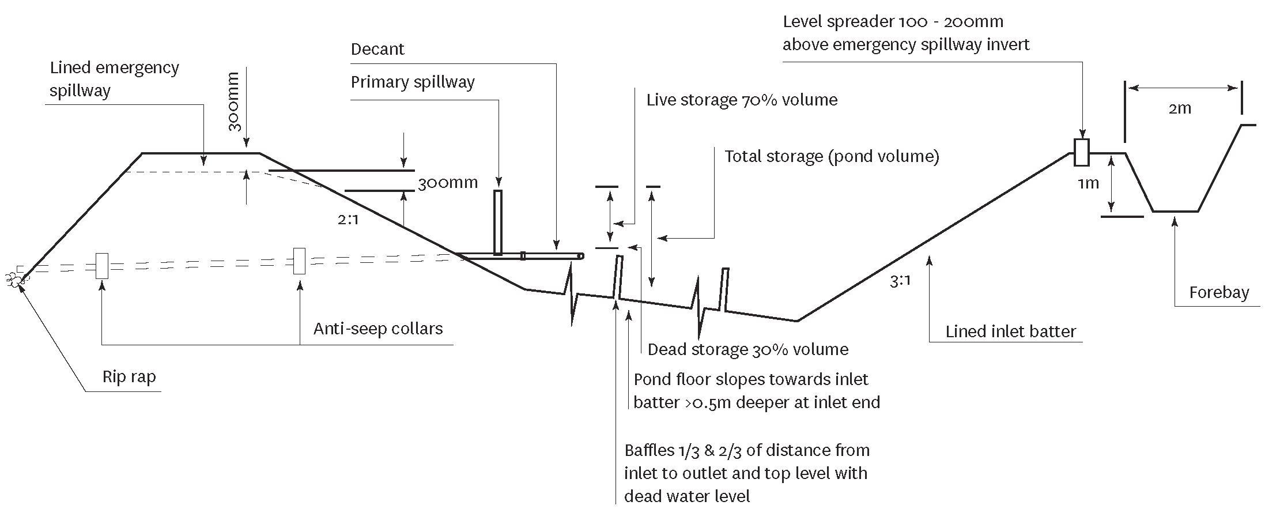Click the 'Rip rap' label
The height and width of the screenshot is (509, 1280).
[x=129, y=377]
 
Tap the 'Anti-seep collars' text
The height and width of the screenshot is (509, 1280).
[x=378, y=329]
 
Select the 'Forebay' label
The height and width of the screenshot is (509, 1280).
[x=1219, y=292]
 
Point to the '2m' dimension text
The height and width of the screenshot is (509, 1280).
[x=1180, y=108]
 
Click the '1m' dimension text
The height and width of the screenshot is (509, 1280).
[x=1088, y=183]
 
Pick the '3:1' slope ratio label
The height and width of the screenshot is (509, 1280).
[x=900, y=281]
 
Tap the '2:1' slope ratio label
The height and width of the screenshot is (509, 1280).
[x=348, y=220]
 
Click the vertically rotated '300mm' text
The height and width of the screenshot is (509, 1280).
[x=233, y=101]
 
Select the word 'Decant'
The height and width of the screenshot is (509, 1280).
[x=377, y=49]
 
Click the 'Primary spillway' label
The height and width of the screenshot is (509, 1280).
[x=413, y=82]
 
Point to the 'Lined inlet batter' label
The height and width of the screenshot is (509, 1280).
[x=1011, y=331]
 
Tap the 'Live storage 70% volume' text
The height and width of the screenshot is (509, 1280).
[x=742, y=100]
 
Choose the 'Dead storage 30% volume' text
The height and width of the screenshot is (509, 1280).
[x=748, y=349]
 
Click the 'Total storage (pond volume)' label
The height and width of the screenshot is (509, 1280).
[x=832, y=157]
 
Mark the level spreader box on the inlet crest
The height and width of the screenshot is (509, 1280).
[x=1082, y=153]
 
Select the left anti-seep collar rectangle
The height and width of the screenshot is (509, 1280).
[x=102, y=266]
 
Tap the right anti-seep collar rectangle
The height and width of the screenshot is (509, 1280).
[x=300, y=261]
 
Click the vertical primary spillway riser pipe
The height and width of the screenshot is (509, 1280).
[x=498, y=223]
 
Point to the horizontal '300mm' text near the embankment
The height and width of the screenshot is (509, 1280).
[x=448, y=183]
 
